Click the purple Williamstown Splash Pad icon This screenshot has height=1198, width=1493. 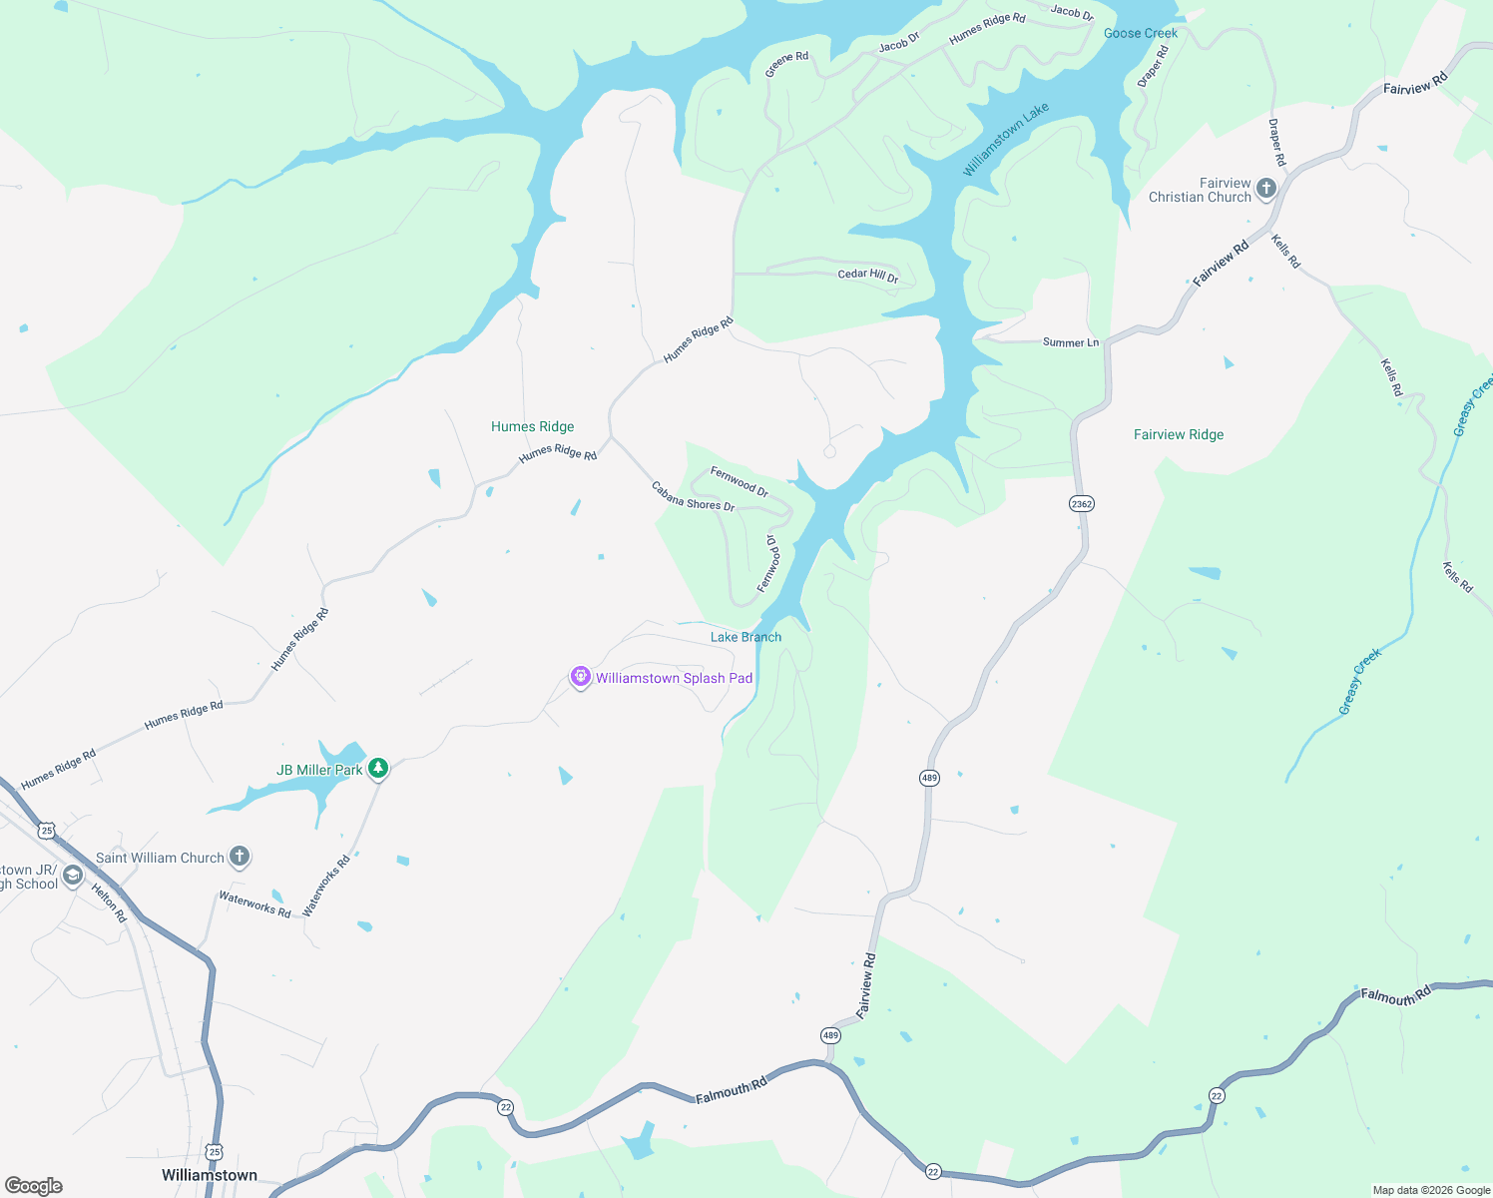click(580, 678)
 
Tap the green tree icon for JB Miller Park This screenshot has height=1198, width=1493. click(377, 768)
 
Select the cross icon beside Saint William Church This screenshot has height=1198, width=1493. click(240, 856)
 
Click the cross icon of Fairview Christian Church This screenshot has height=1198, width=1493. click(1265, 188)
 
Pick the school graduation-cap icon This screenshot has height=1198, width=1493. click(72, 876)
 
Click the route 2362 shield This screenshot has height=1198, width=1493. click(1082, 503)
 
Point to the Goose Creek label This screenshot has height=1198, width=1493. click(1141, 33)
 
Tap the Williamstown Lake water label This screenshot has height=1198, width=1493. click(1005, 140)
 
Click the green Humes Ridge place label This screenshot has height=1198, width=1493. click(532, 426)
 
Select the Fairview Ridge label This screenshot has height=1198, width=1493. click(1179, 434)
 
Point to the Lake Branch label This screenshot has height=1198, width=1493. click(746, 637)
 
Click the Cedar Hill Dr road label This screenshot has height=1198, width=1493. click(868, 275)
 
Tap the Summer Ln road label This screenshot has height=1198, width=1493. click(1070, 342)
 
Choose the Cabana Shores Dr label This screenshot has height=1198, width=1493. click(693, 496)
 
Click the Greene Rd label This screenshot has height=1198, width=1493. click(786, 64)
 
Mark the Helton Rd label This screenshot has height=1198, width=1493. click(109, 902)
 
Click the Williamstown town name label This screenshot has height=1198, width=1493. click(210, 1175)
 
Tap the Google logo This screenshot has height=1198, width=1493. click(34, 1185)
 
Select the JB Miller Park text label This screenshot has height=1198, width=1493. click(319, 770)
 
